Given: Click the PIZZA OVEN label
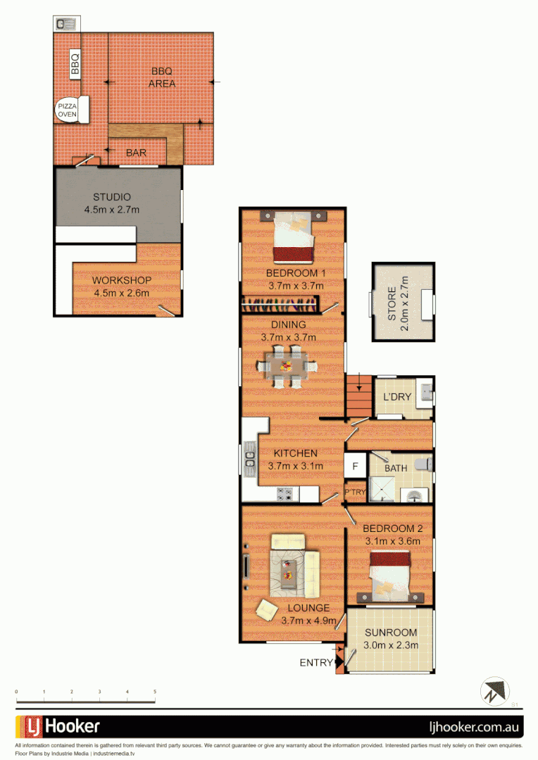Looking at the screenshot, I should coord(68,110).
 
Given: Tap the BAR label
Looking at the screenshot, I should coord(136,152).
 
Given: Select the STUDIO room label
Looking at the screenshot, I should coord(112,196).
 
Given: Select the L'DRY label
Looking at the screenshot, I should coord(396,397).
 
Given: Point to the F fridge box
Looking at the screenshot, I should coord(355,466).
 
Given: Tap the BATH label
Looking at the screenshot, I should coord(395,467).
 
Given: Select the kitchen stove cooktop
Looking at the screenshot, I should coord(285,494).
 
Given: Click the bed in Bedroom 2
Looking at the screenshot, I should coord(388,575).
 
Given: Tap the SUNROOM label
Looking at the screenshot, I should coord(390,633).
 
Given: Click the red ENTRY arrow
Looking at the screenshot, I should coord(340,661).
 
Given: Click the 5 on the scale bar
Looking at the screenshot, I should coord(155,692).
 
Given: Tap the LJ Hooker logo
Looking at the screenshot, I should coord(58,726).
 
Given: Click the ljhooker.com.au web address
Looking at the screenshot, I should coord(475,726).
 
